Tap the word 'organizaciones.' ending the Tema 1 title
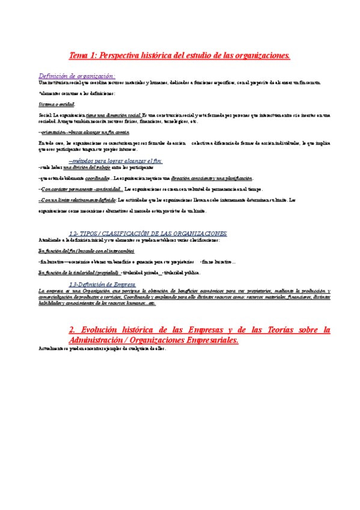260,56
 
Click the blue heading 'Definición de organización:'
77,76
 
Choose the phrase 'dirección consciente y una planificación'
212,178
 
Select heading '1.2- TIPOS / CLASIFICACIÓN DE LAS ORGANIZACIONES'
148,233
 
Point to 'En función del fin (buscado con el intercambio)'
86,250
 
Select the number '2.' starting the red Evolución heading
73,330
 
